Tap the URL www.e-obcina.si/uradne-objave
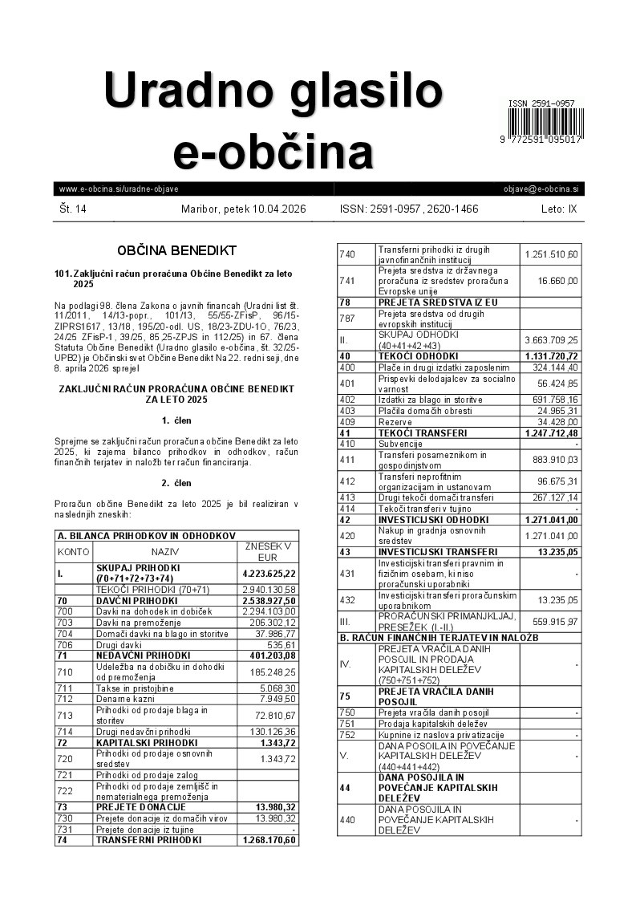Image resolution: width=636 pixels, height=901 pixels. tap(118, 189)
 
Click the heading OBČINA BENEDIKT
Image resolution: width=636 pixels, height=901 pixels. tap(176, 250)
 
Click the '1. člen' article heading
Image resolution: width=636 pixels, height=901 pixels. tap(176, 420)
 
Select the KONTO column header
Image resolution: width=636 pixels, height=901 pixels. tap(74, 552)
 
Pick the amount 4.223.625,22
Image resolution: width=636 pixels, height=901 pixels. tap(269, 574)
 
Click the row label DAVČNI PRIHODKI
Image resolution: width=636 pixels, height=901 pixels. tap(136, 600)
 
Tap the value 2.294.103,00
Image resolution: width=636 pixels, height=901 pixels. tap(269, 611)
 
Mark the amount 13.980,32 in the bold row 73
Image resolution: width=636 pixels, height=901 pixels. tap(269, 806)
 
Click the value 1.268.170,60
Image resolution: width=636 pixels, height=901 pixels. tap(269, 840)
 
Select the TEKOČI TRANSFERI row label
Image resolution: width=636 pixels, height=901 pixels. tap(422, 433)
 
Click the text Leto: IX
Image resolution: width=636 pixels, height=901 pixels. tap(558, 209)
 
